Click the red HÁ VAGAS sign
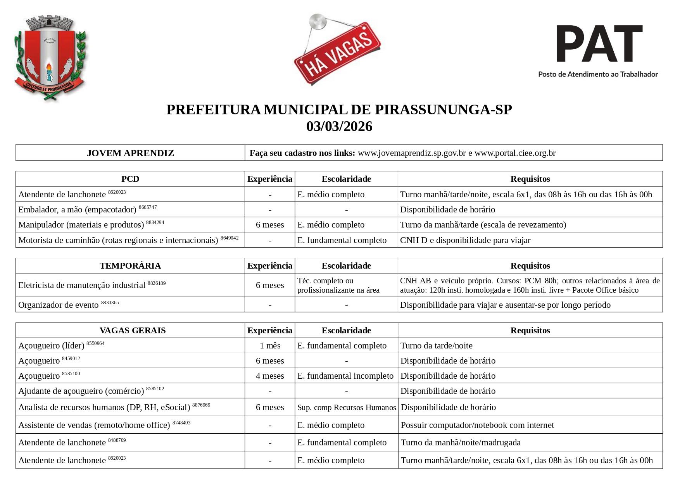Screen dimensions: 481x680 pyautogui.click(x=337, y=54)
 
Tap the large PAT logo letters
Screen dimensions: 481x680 pyautogui.click(x=599, y=43)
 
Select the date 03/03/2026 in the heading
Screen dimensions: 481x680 pyautogui.click(x=339, y=126)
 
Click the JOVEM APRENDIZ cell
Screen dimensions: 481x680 pyautogui.click(x=130, y=153)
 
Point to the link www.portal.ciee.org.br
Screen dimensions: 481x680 pyautogui.click(x=515, y=153)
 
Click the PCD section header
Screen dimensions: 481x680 pyautogui.click(x=130, y=179)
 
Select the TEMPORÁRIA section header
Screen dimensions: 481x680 pyautogui.click(x=130, y=266)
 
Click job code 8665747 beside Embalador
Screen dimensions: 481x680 pyautogui.click(x=148, y=207)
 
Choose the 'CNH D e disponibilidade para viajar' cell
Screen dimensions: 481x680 pyautogui.click(x=465, y=240)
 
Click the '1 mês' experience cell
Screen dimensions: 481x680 pyautogui.click(x=270, y=346)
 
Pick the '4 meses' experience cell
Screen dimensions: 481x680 pyautogui.click(x=270, y=376)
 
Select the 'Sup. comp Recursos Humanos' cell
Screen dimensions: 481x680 pyautogui.click(x=347, y=408)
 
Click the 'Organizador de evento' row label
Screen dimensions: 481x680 pyautogui.click(x=59, y=305)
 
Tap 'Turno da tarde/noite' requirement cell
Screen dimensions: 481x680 pyautogui.click(x=437, y=346)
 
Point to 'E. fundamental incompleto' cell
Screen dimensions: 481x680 pyautogui.click(x=345, y=376)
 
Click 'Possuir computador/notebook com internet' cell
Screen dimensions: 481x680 pyautogui.click(x=477, y=425)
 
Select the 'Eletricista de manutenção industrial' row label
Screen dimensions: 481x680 pyautogui.click(x=82, y=285)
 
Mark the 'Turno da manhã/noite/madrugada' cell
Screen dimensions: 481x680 pyautogui.click(x=461, y=443)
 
